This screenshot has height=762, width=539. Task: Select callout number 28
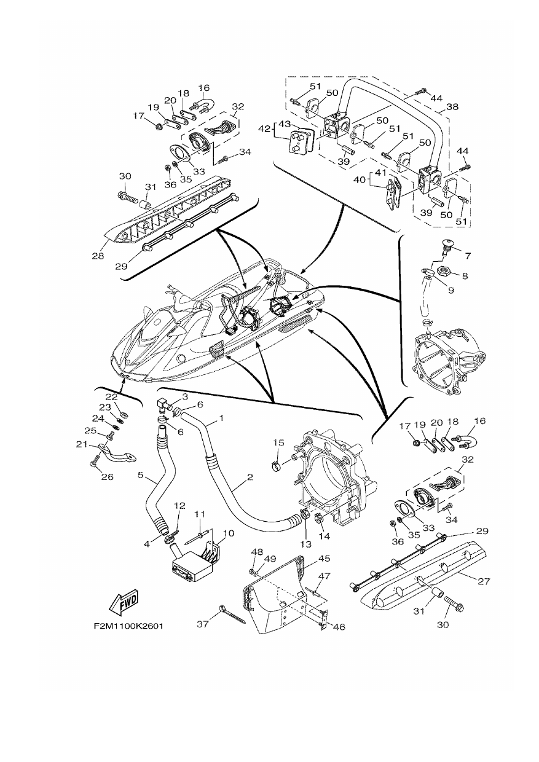97,256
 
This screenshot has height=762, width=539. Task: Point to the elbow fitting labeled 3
164,406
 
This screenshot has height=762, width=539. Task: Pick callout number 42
264,129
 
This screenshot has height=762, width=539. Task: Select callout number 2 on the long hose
250,477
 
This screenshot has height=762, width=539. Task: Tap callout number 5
140,474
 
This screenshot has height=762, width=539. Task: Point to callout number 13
306,544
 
